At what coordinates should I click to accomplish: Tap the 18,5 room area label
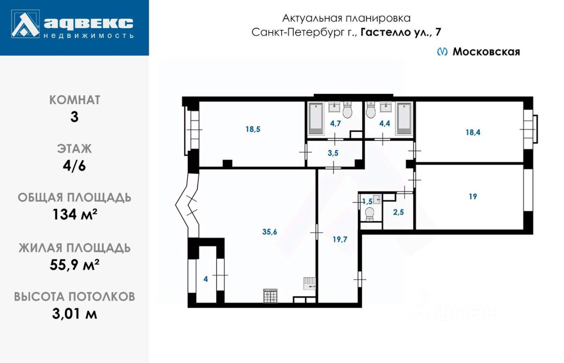point(253,129)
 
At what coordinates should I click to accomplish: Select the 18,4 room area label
point(473,131)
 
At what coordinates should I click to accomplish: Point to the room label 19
point(473,197)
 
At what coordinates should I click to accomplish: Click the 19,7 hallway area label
point(340,240)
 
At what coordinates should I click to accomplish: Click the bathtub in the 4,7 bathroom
point(316,119)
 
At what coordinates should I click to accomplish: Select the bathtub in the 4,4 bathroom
point(404,119)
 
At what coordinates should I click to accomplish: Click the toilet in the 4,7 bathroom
point(348,111)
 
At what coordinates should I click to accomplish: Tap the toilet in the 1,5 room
point(370,214)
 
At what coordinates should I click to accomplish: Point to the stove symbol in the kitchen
point(270,296)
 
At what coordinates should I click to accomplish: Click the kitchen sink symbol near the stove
point(309,283)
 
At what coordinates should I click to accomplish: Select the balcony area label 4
point(206,279)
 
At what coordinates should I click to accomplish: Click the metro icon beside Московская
point(442,52)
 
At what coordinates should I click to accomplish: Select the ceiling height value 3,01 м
point(74,314)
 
